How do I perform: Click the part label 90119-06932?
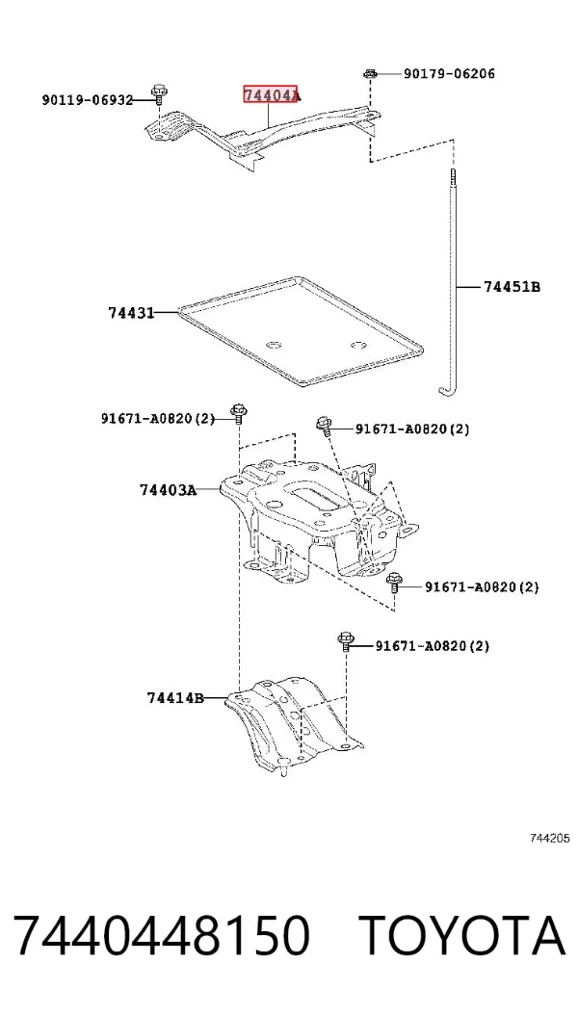click(x=88, y=100)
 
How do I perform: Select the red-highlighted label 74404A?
click(x=272, y=95)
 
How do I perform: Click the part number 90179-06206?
click(x=449, y=74)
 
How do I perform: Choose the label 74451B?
click(x=512, y=286)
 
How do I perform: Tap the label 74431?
click(x=131, y=313)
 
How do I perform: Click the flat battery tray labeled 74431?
click(x=301, y=332)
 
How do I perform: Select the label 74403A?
click(x=168, y=490)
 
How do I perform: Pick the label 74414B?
click(x=175, y=698)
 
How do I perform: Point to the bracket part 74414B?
click(x=295, y=721)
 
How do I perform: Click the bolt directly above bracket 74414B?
click(x=345, y=643)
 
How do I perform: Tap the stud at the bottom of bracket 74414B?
click(x=283, y=767)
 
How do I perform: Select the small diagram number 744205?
click(x=549, y=839)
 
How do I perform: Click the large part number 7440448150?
click(x=161, y=935)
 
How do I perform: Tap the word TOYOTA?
click(x=462, y=935)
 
